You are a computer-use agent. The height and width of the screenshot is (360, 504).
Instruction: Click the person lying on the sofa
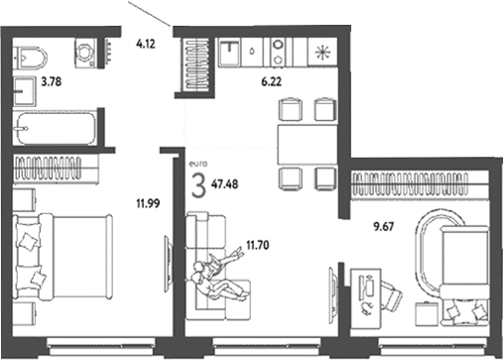[222, 275]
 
